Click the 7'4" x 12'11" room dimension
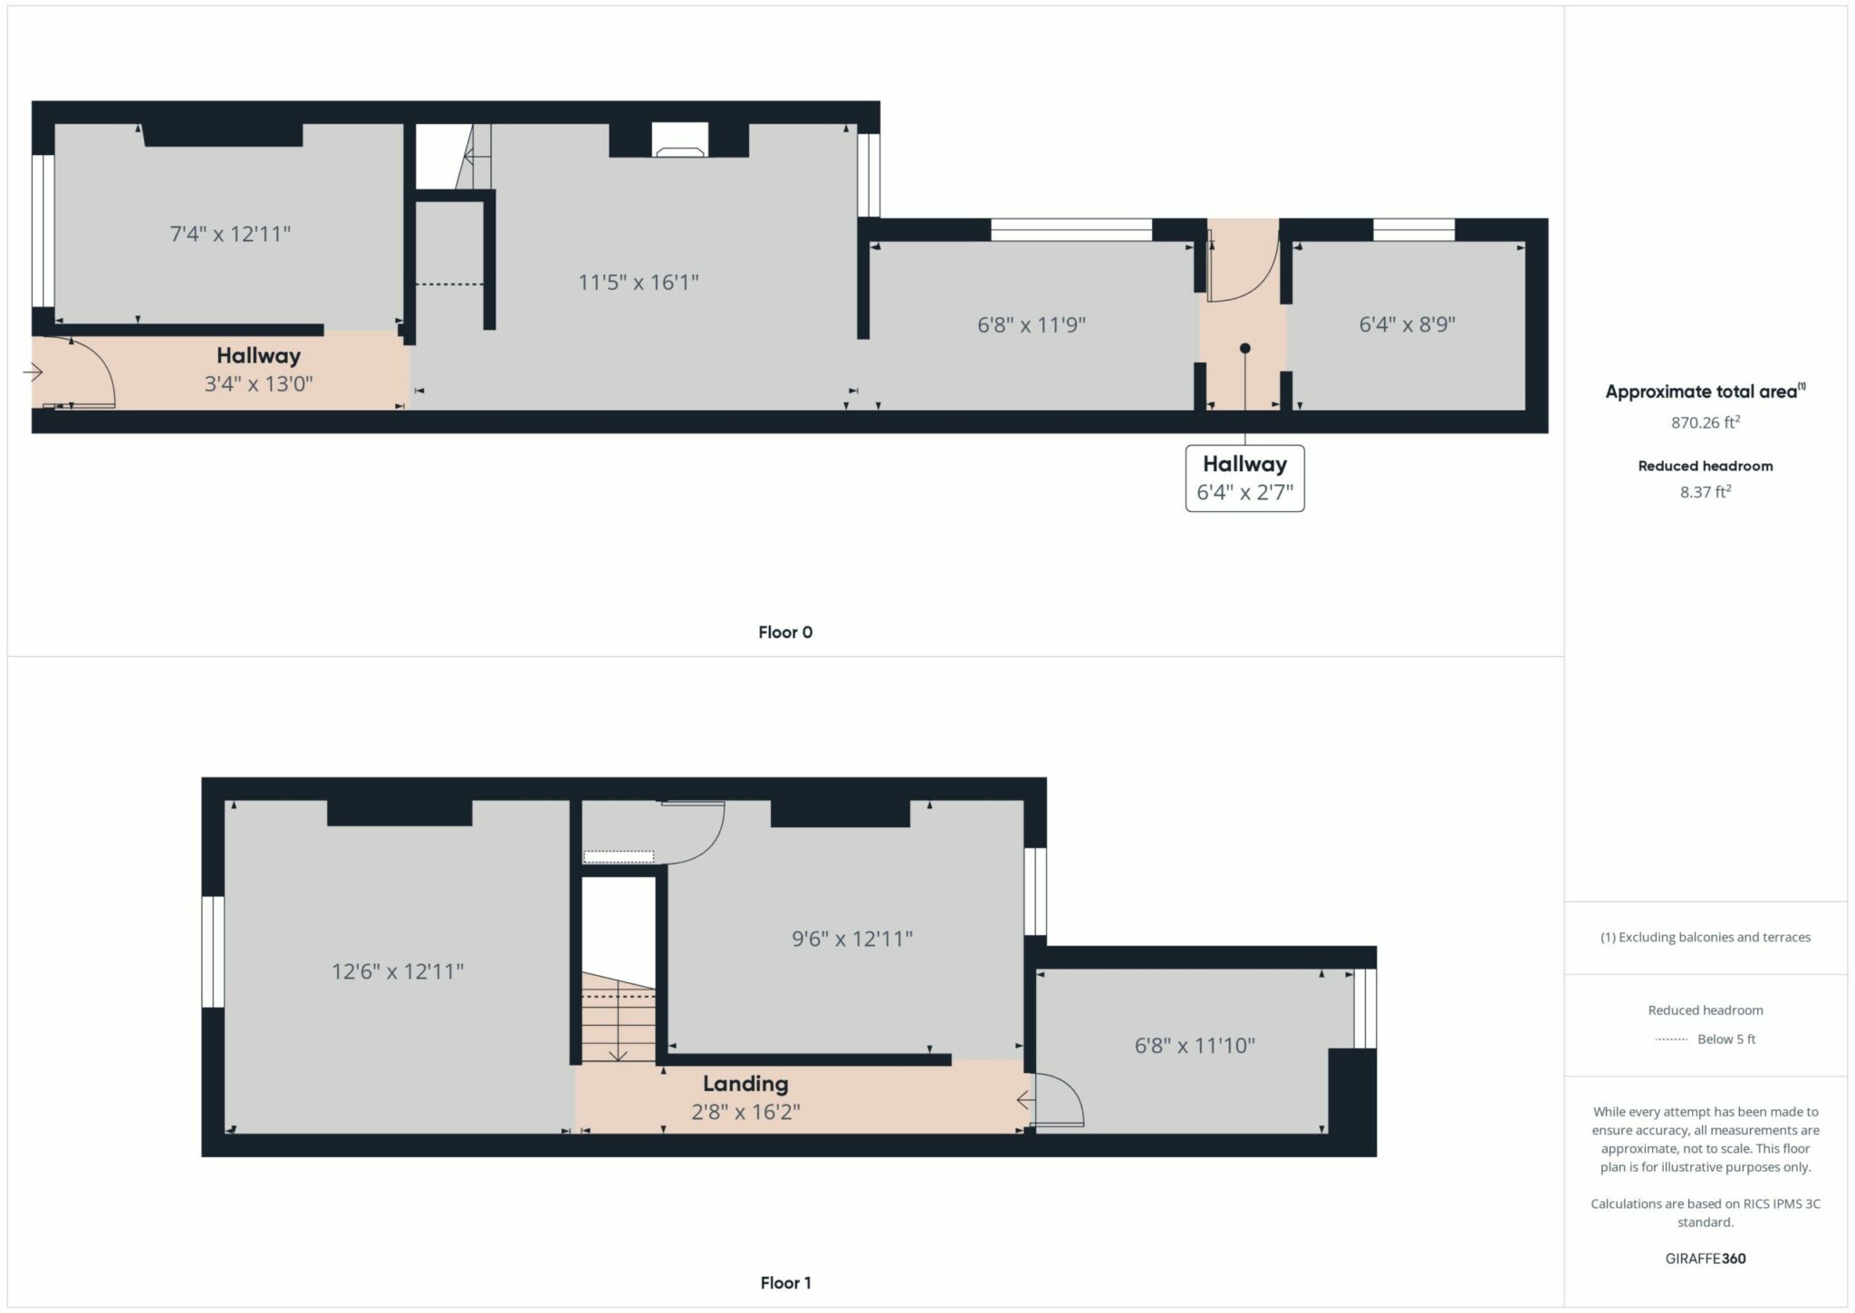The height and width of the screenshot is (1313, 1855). point(230,234)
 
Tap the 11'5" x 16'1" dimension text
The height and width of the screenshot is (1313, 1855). point(639,282)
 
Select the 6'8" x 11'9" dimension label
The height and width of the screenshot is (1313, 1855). point(1032,324)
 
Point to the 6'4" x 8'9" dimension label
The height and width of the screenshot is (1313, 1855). point(1407,324)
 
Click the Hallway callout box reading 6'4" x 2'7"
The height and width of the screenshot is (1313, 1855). point(1245,478)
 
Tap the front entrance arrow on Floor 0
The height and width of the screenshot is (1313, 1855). point(33,372)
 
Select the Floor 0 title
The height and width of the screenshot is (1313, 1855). point(785,632)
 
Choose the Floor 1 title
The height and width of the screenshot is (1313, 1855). point(785,1282)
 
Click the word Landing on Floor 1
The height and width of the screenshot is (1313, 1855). point(745,1084)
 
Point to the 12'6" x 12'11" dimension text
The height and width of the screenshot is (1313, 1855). point(398,971)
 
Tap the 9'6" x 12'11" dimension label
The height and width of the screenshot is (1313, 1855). point(851,939)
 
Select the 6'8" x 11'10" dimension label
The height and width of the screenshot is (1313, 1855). point(1195,1046)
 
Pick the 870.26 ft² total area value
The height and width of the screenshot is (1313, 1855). point(1706,422)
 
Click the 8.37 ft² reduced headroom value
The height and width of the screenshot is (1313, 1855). point(1706,492)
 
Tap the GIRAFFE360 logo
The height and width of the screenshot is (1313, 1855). point(1706,1258)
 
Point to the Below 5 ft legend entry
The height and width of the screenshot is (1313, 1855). point(1725,1039)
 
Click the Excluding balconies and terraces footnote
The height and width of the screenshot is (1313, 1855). point(1706,937)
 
